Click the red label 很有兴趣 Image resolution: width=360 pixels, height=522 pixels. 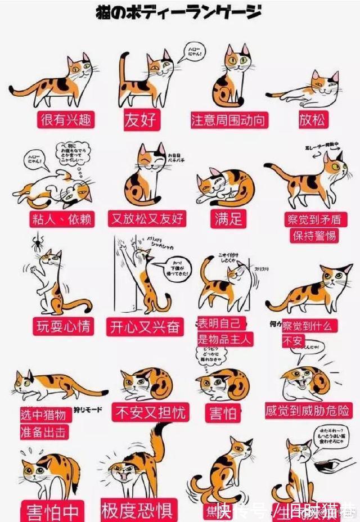65,119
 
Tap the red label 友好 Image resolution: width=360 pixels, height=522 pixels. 140,119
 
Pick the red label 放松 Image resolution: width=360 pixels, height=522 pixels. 312,119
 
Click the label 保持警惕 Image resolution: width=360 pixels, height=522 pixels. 314,235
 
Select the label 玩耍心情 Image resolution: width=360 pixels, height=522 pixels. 62,327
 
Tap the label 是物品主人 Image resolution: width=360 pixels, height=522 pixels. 224,339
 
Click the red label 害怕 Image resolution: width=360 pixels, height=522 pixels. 223,412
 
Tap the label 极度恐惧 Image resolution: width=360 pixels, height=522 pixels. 136,511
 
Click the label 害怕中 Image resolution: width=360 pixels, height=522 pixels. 52,512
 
